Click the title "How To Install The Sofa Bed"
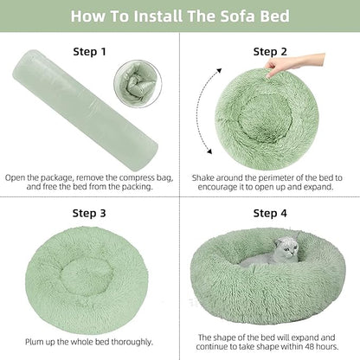click(180, 16)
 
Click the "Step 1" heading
click(89, 51)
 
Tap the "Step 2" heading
click(270, 51)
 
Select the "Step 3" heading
click(89, 212)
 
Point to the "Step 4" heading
click(270, 212)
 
